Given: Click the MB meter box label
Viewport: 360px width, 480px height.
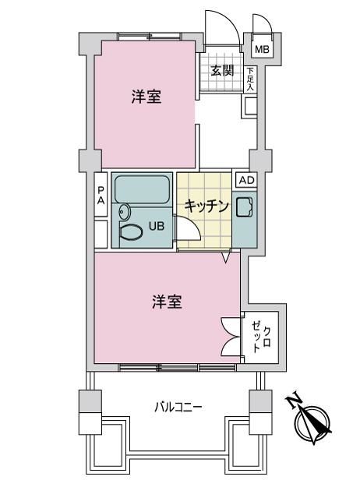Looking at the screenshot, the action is pyautogui.click(x=262, y=49).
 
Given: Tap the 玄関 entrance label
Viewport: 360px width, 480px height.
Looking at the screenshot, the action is pyautogui.click(x=222, y=71).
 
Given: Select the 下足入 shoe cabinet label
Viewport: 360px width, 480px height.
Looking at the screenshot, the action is pyautogui.click(x=250, y=79).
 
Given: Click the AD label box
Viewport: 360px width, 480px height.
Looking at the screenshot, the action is pyautogui.click(x=247, y=180).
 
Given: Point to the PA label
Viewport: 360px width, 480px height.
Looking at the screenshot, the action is pyautogui.click(x=101, y=196).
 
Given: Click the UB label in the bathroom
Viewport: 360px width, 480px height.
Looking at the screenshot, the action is pyautogui.click(x=157, y=226).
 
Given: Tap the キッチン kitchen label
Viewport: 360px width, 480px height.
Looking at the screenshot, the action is pyautogui.click(x=206, y=206).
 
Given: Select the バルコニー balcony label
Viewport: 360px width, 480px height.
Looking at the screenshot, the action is pyautogui.click(x=178, y=408).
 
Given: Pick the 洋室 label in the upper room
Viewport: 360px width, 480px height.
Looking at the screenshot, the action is pyautogui.click(x=146, y=97).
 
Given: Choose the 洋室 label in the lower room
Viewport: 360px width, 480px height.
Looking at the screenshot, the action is pyautogui.click(x=167, y=302).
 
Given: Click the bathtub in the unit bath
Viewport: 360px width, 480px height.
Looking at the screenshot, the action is pyautogui.click(x=142, y=189).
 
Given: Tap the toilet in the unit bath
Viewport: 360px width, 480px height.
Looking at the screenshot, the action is pyautogui.click(x=131, y=232).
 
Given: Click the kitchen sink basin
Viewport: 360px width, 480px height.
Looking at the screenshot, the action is pyautogui.click(x=245, y=207).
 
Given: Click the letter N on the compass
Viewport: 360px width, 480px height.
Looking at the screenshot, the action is pyautogui.click(x=294, y=401).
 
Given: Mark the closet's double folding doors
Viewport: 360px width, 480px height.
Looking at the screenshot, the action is pyautogui.click(x=230, y=337).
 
